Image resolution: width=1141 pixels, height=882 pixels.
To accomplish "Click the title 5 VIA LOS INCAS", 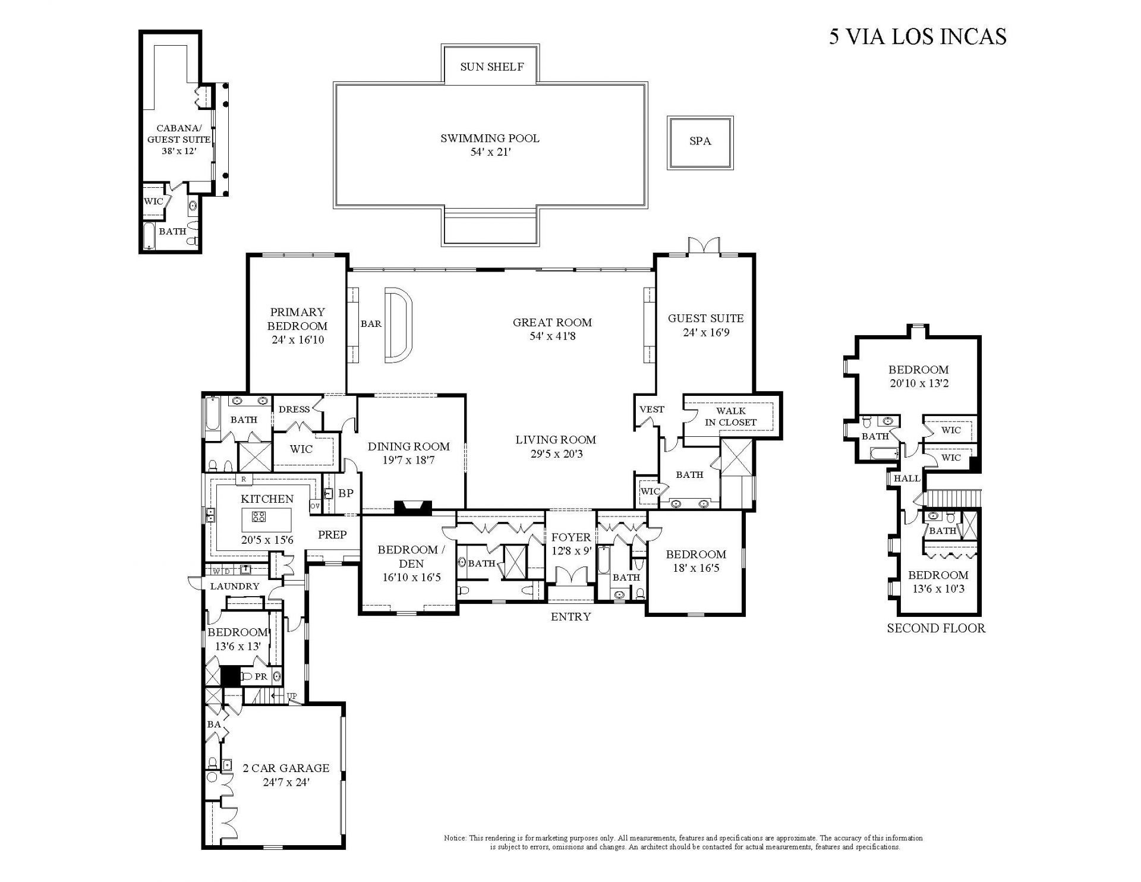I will coord(918,36).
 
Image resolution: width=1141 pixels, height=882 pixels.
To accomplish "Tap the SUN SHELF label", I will coord(492,67).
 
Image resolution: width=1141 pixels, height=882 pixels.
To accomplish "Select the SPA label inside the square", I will coord(700,141).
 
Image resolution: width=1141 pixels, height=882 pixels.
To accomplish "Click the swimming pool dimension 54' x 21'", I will coord(490,152).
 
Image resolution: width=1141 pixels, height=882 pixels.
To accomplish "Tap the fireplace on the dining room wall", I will coord(413,506).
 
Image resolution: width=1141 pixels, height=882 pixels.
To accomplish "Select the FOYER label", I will coord(570,537).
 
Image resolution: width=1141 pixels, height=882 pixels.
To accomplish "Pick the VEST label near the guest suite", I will coord(651,409).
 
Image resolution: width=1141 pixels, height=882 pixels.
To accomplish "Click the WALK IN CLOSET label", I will coord(730,417).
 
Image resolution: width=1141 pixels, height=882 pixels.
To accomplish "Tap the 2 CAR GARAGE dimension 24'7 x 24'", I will coord(286,782).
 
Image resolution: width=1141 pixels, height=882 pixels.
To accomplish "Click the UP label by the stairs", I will coord(292,696).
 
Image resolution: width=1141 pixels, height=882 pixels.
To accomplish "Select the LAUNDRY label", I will coord(235,586).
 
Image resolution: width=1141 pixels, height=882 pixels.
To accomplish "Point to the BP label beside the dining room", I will coord(346,493).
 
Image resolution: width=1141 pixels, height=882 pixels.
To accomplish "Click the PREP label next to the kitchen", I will coord(332,534).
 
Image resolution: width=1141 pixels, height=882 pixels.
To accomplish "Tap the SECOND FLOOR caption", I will coord(935,628).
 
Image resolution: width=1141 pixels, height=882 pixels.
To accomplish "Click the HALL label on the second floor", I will coord(907,478).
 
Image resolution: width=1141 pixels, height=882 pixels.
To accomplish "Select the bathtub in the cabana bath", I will coord(149,237).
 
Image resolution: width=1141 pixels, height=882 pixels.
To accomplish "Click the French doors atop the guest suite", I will coord(704,245).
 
